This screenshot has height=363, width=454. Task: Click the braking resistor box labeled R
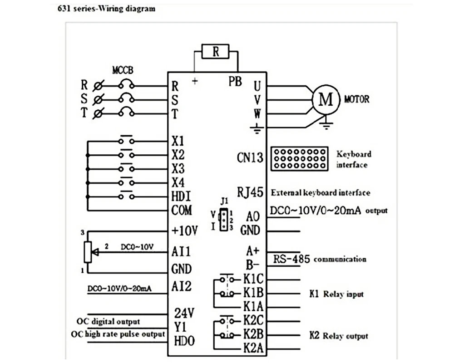click(215, 52)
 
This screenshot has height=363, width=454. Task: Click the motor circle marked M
click(326, 99)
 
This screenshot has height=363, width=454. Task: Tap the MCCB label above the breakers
click(123, 70)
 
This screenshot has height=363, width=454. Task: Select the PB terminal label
click(235, 81)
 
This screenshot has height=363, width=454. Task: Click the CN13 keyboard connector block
click(299, 159)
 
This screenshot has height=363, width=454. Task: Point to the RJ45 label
click(250, 192)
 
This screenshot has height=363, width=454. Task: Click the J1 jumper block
click(223, 219)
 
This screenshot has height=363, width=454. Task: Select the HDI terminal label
click(181, 196)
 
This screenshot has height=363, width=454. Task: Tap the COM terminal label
click(182, 210)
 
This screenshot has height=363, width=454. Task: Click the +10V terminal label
click(185, 231)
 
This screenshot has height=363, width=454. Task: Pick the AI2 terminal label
click(182, 286)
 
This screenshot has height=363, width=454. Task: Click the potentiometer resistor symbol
click(88, 252)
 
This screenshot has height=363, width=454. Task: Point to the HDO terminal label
click(184, 341)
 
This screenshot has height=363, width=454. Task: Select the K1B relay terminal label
click(253, 293)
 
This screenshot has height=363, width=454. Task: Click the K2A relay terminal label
click(253, 348)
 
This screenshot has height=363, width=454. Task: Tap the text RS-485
click(291, 259)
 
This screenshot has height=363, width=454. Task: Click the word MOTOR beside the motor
click(357, 99)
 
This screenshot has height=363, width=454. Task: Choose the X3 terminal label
click(178, 168)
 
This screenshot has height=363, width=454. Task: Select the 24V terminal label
click(184, 313)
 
